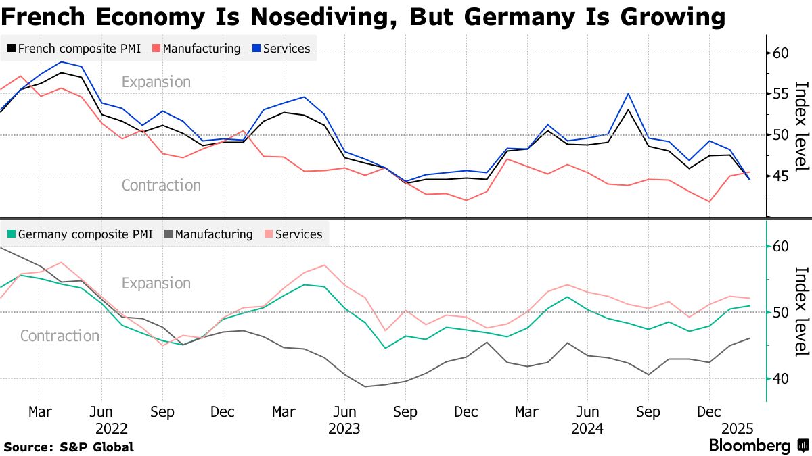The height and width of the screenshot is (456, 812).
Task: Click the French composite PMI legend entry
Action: pos(74,49)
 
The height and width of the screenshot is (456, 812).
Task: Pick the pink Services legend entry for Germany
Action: pos(293,234)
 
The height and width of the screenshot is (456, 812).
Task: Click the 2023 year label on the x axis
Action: pos(344,428)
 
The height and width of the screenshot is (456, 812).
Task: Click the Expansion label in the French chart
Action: pos(156,82)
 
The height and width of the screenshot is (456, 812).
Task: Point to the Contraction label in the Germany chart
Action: pos(60,336)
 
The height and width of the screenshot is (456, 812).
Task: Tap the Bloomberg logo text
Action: pos(750,446)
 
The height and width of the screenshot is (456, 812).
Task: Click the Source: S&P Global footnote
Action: pos(69,447)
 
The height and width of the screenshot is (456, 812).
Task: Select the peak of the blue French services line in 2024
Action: pos(628,94)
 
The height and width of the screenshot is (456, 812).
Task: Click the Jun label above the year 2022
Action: pos(101,412)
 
